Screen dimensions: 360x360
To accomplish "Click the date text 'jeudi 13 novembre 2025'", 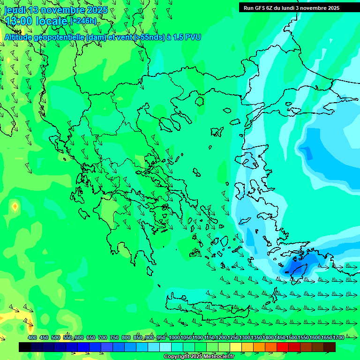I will tap(56, 10).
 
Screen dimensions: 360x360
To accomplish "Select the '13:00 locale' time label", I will tap(37, 21).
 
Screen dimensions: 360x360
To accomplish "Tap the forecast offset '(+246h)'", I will tap(83, 21).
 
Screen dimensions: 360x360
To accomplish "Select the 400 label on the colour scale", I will tap(32, 337).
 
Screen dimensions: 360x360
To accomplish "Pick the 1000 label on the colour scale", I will tap(174, 337).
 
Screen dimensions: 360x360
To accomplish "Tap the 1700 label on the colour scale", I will tap(338, 337).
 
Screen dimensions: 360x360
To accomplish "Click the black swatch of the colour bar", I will tap(25, 347).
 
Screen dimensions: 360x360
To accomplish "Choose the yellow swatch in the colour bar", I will tap(236, 347).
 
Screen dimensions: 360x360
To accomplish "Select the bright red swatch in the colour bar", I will tap(282, 347).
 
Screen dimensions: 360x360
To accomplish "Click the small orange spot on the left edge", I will tap(15, 206).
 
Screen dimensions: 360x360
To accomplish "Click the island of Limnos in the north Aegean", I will tap(217, 132).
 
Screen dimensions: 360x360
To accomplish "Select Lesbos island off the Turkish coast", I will tap(249, 159).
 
